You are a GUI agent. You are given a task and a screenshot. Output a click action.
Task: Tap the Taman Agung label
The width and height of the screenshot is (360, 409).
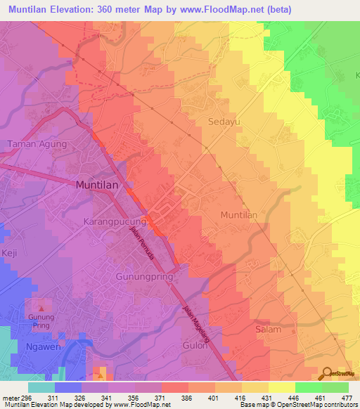coord(37,144)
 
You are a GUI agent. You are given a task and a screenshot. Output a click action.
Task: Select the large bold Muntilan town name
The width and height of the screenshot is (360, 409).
coord(97,185)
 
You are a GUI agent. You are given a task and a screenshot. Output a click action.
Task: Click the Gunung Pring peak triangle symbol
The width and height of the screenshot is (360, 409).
coord(41,306)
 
